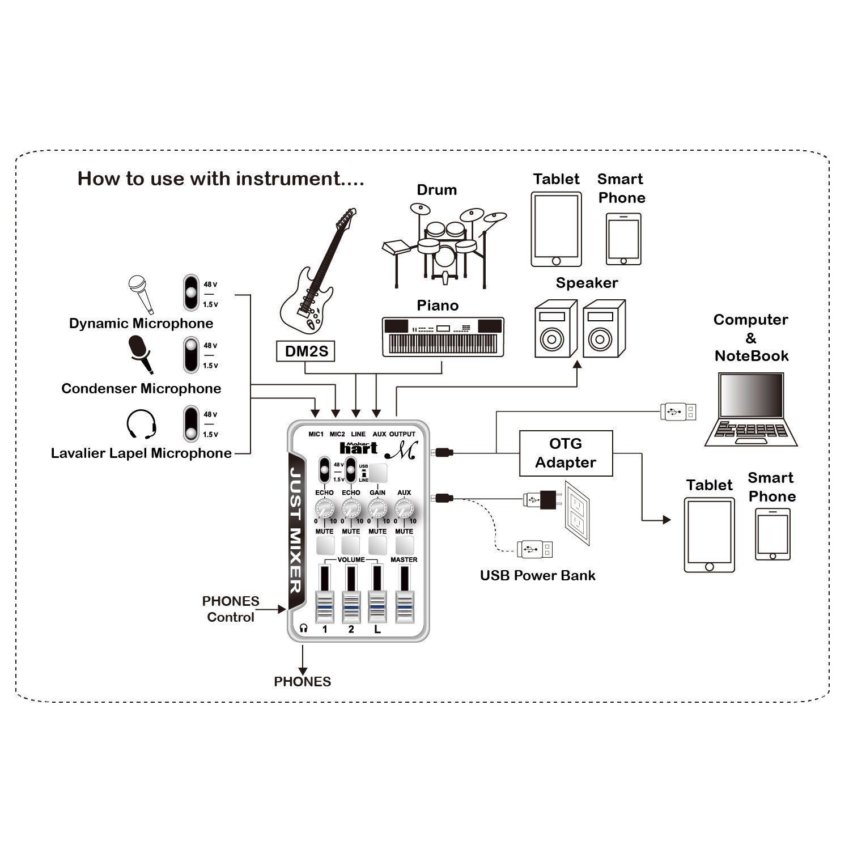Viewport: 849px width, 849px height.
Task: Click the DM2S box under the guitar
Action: click(x=307, y=351)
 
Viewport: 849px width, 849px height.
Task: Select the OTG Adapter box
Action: click(x=566, y=453)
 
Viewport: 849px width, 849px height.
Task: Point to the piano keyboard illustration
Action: click(x=443, y=337)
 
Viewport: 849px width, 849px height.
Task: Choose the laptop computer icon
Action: click(x=751, y=409)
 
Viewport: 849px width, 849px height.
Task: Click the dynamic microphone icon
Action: click(x=139, y=294)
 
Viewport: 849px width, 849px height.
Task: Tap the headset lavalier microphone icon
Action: click(x=141, y=424)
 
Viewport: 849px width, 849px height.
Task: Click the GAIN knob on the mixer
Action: click(x=377, y=507)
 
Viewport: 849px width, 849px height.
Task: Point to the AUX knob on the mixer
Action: click(x=404, y=507)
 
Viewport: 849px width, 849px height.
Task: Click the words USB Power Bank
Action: click(x=537, y=575)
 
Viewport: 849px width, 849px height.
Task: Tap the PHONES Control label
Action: click(x=231, y=609)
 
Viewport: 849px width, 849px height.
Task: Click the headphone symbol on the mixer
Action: click(x=304, y=628)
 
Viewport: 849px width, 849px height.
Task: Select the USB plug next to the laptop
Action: click(x=678, y=411)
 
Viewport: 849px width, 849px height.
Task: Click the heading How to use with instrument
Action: click(x=220, y=179)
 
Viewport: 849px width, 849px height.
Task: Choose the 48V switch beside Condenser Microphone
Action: click(x=192, y=355)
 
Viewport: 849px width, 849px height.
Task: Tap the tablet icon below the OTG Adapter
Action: click(x=709, y=535)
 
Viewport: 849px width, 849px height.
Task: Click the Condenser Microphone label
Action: click(x=141, y=388)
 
